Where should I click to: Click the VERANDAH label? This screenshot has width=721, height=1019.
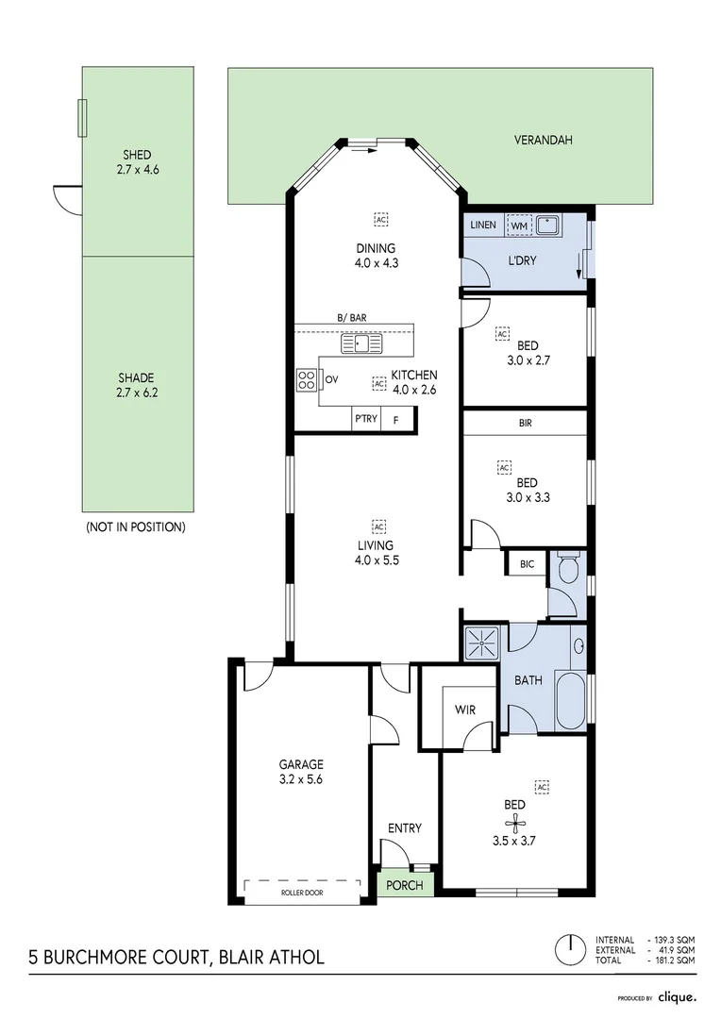[543, 140]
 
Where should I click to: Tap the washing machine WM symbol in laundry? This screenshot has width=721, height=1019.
[519, 226]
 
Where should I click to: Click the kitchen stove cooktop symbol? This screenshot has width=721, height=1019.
[307, 379]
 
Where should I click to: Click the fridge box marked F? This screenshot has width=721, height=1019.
[396, 420]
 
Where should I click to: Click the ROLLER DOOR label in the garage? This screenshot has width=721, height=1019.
[302, 891]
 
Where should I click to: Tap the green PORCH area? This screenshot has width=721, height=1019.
[407, 886]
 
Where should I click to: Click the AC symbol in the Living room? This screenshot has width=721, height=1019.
[380, 526]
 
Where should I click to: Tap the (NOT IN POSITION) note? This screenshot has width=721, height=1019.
[135, 526]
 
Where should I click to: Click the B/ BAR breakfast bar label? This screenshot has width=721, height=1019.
[352, 319]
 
